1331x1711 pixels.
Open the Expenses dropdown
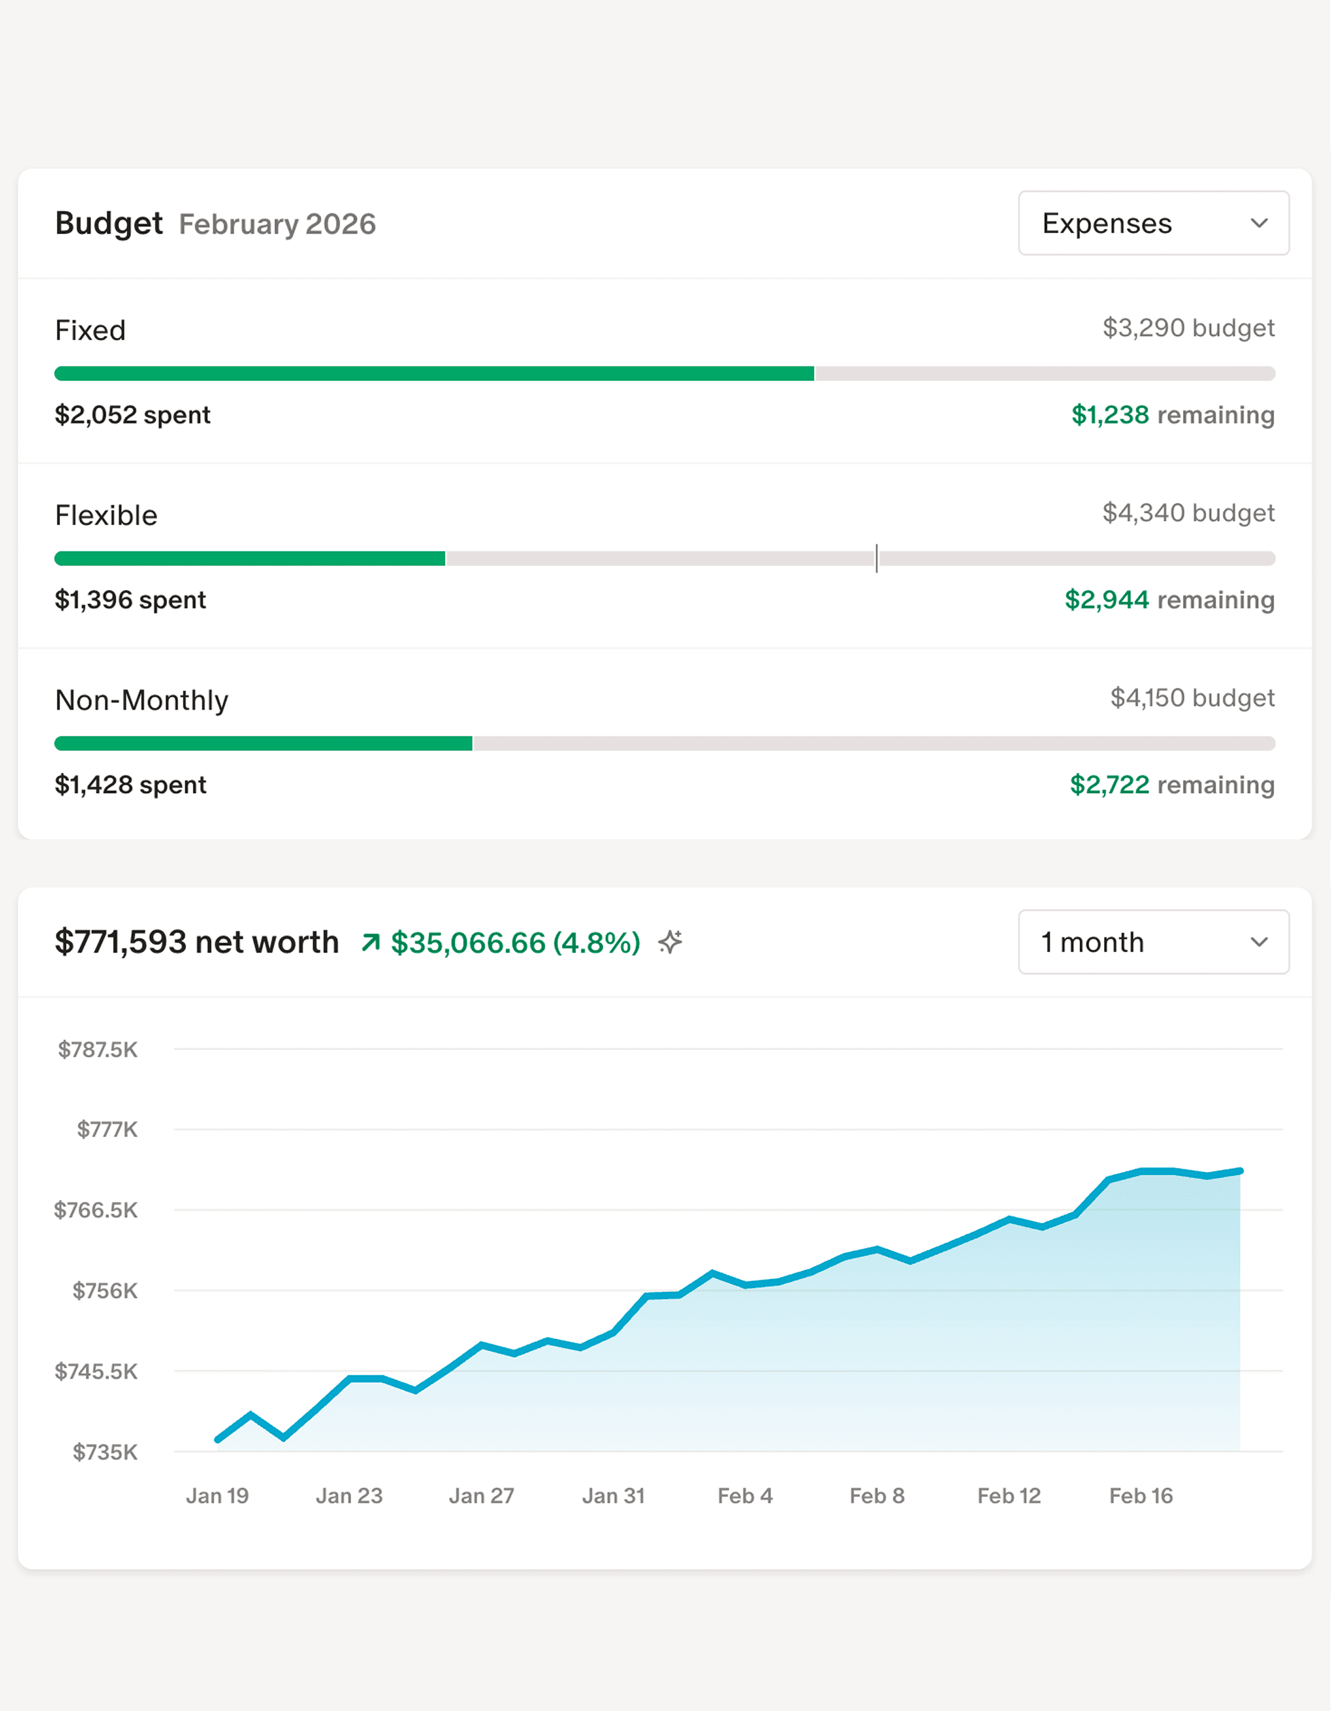(x=1152, y=223)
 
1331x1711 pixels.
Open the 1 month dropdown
(x=1152, y=942)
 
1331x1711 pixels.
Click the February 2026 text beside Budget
(x=277, y=224)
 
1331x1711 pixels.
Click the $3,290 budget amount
(x=1188, y=327)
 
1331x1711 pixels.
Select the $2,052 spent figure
(x=132, y=414)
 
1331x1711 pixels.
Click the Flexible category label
(x=106, y=515)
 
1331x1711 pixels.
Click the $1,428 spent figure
(x=131, y=785)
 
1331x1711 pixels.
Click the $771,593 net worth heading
(x=196, y=942)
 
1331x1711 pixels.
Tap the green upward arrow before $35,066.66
(x=371, y=942)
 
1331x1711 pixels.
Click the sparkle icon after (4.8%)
(x=671, y=941)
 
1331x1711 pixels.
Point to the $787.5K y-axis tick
(x=98, y=1049)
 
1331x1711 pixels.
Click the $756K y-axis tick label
(x=105, y=1291)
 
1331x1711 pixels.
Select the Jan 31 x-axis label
(x=613, y=1496)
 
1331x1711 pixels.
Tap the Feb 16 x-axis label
(x=1141, y=1496)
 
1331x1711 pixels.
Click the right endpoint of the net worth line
(x=1240, y=1171)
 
